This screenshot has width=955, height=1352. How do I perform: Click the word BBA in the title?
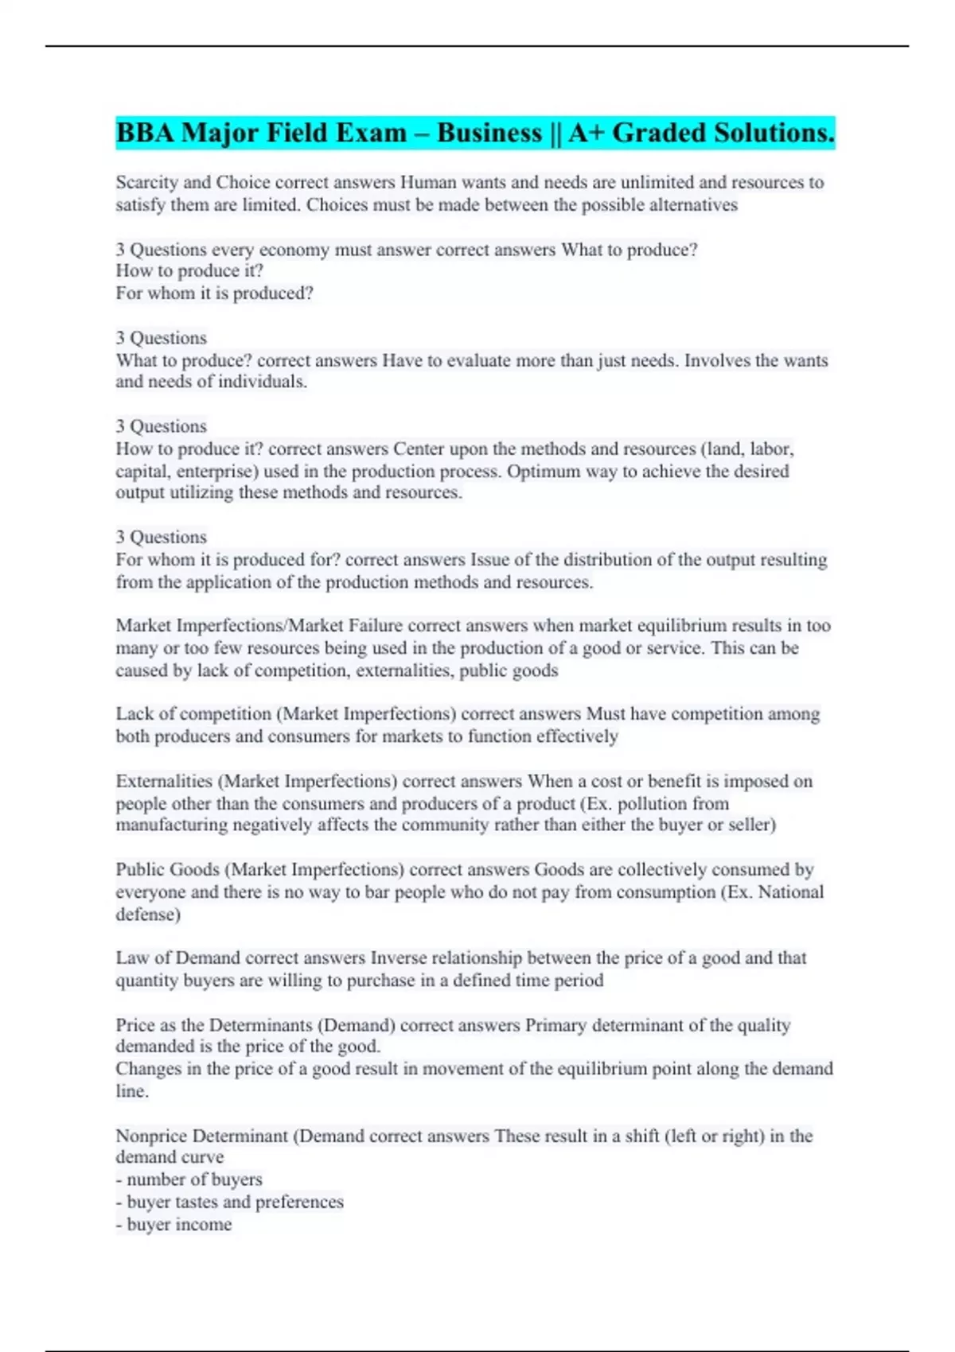click(146, 133)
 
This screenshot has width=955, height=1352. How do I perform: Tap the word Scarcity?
click(147, 182)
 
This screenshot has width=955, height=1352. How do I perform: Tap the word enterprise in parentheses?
click(212, 471)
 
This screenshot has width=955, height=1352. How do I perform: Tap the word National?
click(790, 892)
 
